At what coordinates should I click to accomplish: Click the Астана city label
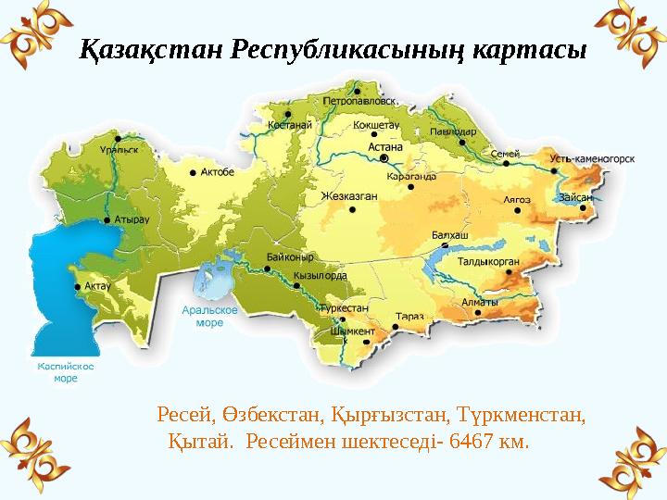(x=385, y=145)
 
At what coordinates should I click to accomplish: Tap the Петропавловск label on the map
(x=361, y=100)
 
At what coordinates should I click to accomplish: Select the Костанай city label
(x=288, y=124)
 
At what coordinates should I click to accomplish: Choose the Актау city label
(x=97, y=286)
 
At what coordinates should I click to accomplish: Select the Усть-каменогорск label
(x=592, y=158)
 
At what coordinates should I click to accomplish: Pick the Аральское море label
(x=209, y=318)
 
